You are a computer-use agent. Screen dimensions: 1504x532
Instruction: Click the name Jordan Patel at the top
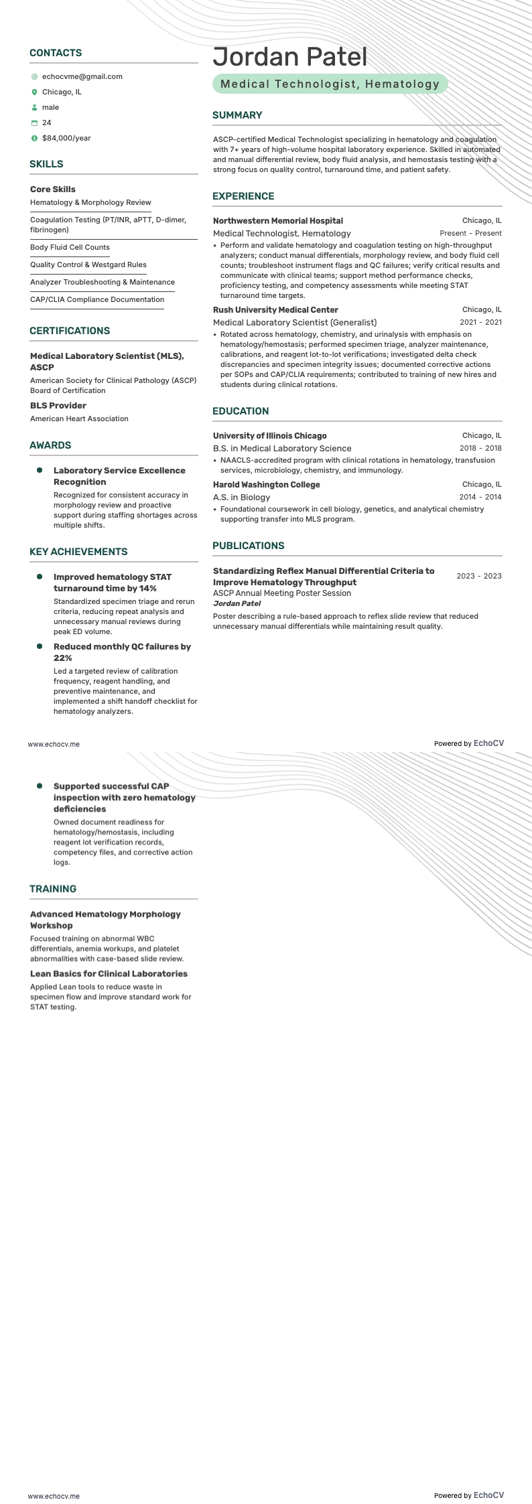(290, 58)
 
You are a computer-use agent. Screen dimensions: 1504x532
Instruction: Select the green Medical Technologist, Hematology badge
(330, 84)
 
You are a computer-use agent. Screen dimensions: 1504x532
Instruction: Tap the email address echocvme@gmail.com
(82, 77)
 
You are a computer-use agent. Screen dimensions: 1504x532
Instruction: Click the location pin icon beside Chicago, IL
(34, 92)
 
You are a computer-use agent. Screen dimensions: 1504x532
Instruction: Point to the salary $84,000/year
(66, 139)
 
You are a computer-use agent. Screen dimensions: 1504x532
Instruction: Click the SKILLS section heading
(46, 164)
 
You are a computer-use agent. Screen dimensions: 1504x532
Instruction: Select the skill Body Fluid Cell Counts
(70, 248)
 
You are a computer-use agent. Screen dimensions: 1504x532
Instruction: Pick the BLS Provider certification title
(58, 406)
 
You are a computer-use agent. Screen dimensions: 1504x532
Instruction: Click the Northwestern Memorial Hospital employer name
(277, 221)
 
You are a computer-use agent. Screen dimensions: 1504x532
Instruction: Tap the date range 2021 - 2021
(480, 323)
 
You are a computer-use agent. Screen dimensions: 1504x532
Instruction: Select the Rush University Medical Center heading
(275, 310)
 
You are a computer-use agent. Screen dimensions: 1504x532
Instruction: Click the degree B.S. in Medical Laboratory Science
(282, 449)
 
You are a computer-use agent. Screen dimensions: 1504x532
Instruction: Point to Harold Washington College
(266, 485)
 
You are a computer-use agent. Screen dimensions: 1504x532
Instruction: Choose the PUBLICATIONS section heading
(248, 546)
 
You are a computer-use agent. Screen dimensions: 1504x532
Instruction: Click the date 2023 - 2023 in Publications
(478, 577)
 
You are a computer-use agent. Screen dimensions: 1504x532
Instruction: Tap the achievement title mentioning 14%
(113, 583)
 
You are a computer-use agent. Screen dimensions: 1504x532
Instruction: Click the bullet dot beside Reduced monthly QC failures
(40, 647)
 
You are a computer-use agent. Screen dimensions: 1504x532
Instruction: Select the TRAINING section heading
(53, 889)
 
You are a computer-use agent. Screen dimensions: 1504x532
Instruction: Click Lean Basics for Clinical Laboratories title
(109, 974)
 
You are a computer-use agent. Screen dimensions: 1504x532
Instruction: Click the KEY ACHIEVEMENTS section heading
(78, 552)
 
